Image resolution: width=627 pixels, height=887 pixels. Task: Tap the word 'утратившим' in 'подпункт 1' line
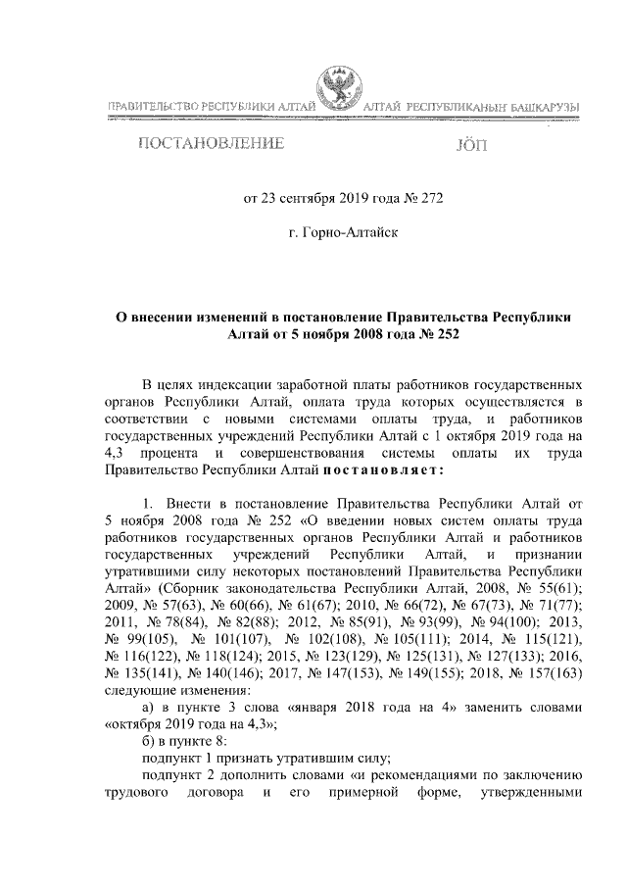point(291,764)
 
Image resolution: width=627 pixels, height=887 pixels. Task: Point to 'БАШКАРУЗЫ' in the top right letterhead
point(540,105)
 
